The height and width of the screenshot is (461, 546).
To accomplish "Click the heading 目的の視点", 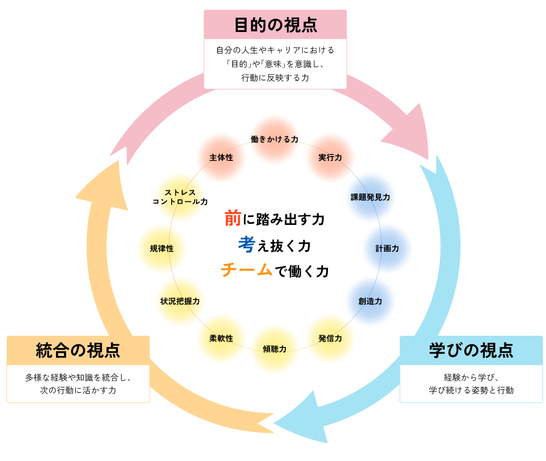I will pos(275,25).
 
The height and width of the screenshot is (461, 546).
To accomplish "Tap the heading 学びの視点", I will pos(471,350).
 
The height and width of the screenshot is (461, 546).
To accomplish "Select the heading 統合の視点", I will pos(78,350).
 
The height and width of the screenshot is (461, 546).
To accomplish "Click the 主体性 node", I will pos(221,158).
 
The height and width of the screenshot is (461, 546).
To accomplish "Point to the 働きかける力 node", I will pos(275,139).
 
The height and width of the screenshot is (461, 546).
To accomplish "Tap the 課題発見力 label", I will pos(370,197).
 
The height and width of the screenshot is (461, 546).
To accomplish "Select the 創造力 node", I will pos(370,301).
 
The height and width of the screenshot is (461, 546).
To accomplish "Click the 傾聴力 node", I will pos(275,349).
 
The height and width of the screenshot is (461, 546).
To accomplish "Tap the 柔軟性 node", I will pos(221,338).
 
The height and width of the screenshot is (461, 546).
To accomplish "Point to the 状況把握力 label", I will pos(180,301).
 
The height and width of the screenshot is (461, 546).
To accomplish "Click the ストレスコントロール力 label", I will pos(180,197).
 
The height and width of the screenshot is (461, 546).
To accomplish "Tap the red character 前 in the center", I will pos(233,218).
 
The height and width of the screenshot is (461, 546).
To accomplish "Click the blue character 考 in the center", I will pos(246,245).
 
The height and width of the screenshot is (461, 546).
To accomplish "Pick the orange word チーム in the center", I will pos(246,270).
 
